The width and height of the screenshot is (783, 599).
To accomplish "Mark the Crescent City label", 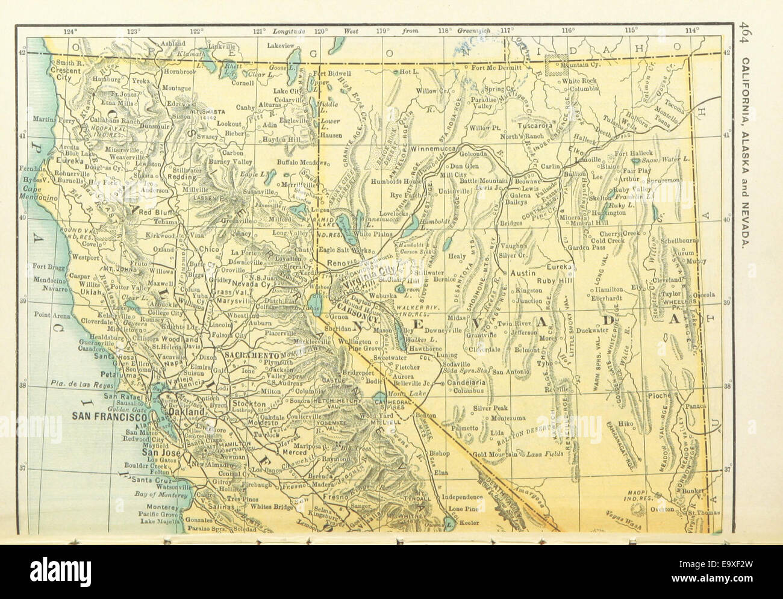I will [68, 77].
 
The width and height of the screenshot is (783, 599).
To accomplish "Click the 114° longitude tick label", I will [693, 30].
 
